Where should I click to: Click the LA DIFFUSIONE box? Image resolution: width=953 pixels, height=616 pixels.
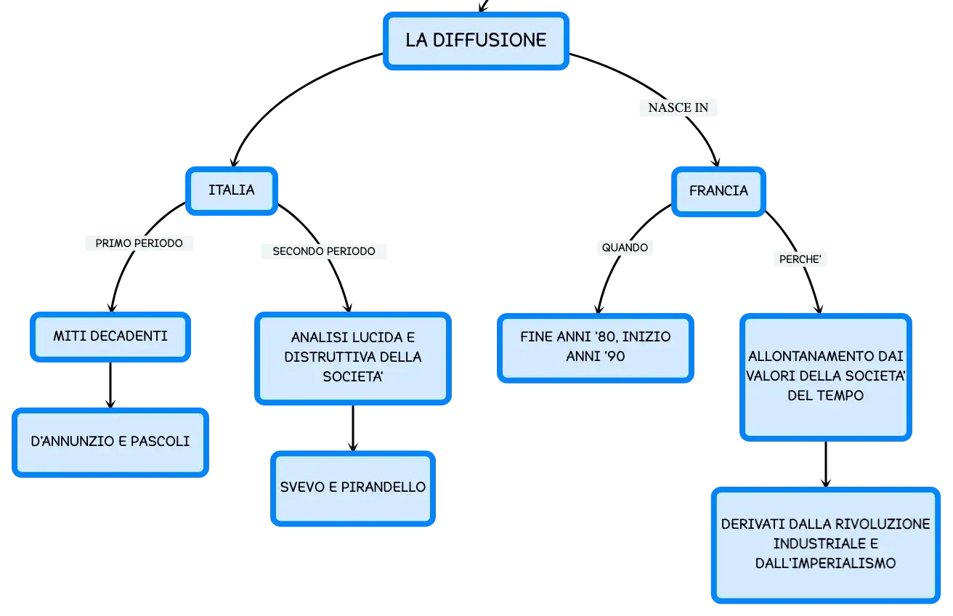[476, 41]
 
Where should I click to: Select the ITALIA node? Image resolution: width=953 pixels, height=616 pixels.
[232, 191]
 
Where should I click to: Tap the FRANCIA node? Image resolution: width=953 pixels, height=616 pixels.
[718, 192]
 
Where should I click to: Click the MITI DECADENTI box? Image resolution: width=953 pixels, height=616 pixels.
[110, 337]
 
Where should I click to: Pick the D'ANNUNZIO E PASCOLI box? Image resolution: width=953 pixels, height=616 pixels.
[110, 442]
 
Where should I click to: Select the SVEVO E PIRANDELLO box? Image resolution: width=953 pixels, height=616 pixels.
[353, 488]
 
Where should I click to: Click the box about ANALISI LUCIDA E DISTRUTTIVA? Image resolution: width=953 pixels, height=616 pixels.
[353, 358]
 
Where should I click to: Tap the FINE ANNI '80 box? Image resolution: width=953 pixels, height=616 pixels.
[595, 348]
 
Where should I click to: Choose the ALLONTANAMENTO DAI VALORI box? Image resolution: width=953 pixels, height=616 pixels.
[825, 377]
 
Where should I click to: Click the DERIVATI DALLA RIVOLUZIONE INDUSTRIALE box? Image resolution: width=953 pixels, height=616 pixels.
[825, 545]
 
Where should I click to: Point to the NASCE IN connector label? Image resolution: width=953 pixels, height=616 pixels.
[678, 108]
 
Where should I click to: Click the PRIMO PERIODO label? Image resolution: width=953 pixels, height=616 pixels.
[139, 243]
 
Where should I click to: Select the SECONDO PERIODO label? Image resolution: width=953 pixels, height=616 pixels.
[324, 251]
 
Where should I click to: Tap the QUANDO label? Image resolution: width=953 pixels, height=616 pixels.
[625, 248]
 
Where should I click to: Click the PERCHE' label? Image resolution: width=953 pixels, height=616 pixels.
[800, 259]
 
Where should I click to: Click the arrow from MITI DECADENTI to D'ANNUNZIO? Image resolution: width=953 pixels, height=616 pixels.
[110, 385]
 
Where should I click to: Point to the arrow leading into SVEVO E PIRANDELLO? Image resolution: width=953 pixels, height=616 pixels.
[353, 428]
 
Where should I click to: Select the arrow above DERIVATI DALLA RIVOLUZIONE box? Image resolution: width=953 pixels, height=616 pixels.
[826, 464]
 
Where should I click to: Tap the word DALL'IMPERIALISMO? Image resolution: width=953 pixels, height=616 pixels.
[825, 563]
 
